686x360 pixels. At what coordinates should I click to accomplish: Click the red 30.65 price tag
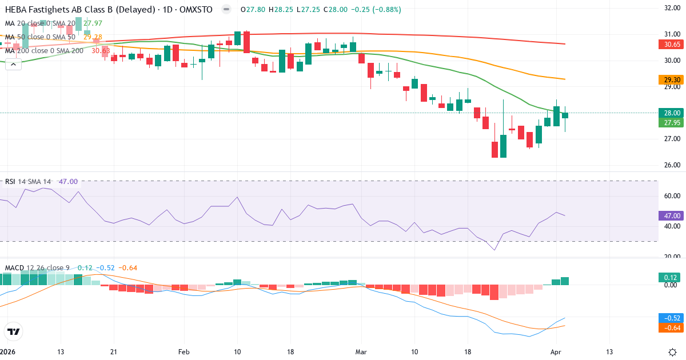[x=668, y=44]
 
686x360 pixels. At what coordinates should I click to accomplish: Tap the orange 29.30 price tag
[x=668, y=80]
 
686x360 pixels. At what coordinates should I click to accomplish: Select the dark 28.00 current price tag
[x=668, y=113]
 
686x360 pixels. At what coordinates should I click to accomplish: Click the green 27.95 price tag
[x=668, y=122]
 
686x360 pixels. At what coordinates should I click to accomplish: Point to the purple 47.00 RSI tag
[x=668, y=215]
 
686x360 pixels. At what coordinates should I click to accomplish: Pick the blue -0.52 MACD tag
[x=668, y=318]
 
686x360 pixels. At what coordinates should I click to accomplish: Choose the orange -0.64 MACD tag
[x=668, y=328]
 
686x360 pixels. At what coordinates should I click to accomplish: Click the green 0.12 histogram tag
[x=668, y=277]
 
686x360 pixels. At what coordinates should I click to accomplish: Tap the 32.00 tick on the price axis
[x=672, y=8]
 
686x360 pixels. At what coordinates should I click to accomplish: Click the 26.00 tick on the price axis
[x=672, y=166]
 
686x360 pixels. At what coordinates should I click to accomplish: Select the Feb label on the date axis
[x=184, y=351]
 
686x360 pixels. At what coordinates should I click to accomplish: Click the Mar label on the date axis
[x=361, y=351]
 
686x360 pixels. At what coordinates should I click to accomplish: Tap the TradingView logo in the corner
[x=14, y=331]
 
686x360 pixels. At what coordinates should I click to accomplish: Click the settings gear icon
[x=673, y=351]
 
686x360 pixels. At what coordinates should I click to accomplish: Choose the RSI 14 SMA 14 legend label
[x=28, y=182]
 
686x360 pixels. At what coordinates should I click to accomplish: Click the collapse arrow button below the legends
[x=13, y=64]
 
